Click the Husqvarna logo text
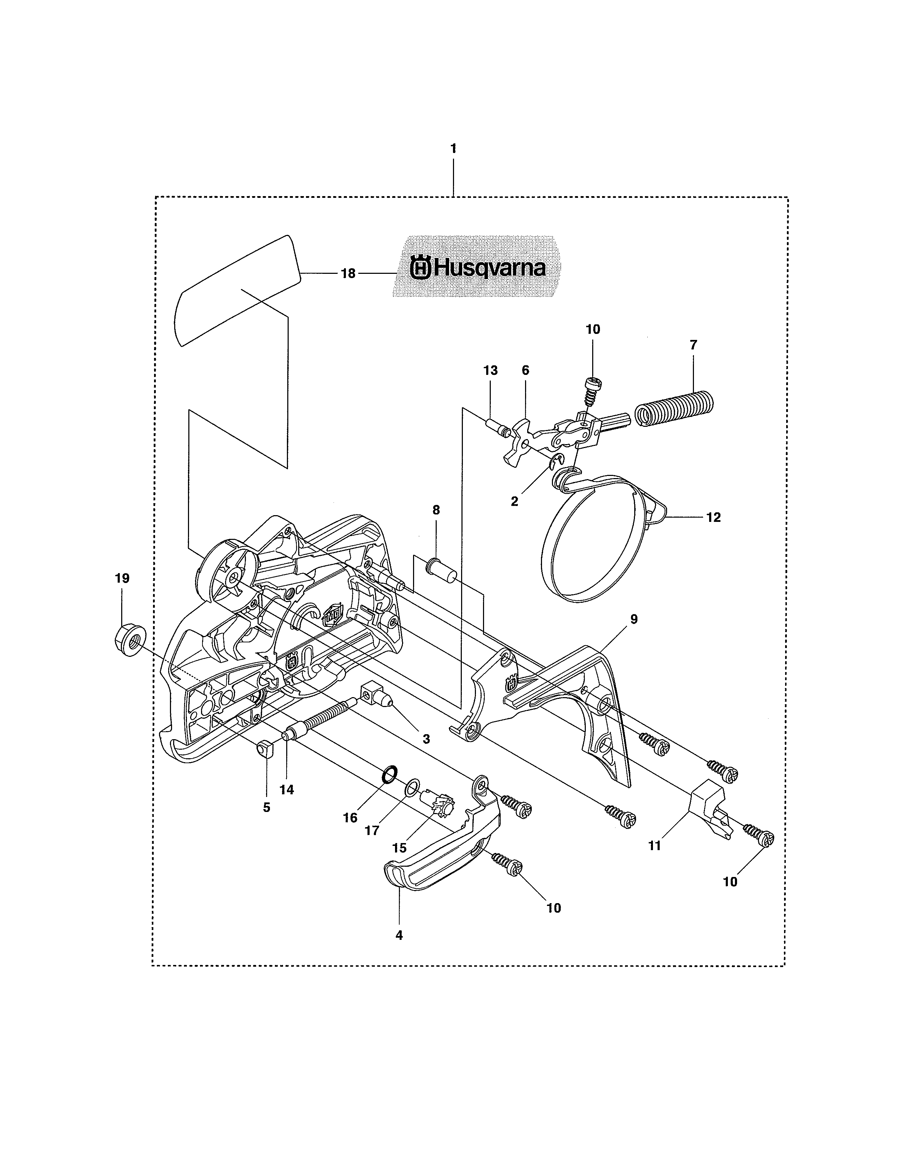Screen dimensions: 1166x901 pyautogui.click(x=478, y=267)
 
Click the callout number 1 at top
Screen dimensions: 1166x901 pyautogui.click(x=453, y=149)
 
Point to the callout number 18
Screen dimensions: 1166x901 pyautogui.click(x=348, y=274)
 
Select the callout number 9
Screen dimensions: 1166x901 pyautogui.click(x=634, y=619)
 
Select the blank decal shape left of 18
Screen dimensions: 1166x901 pyautogui.click(x=237, y=289)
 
